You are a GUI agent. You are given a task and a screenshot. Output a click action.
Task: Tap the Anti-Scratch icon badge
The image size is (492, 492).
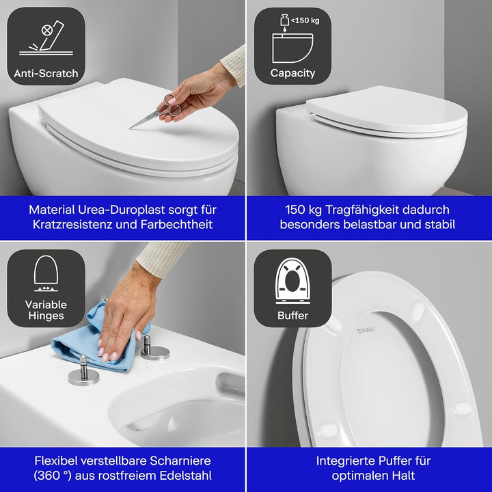(46, 46)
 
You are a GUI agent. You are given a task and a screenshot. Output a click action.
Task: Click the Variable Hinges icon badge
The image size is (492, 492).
(46, 288)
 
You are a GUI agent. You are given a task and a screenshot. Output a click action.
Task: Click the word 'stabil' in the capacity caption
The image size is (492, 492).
(435, 224)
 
